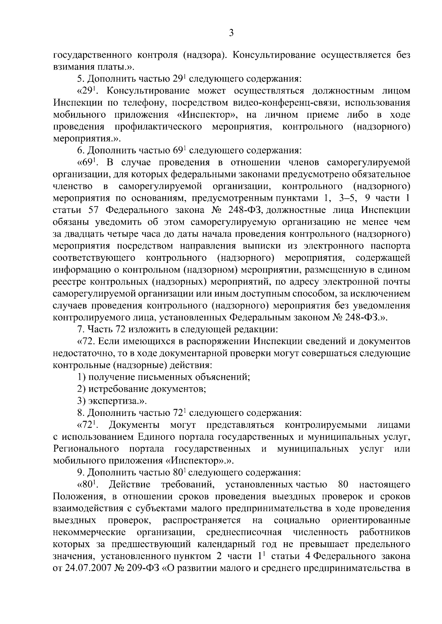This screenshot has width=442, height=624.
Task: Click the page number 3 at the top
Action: click(x=231, y=33)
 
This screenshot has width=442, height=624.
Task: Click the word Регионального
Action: click(x=86, y=449)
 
